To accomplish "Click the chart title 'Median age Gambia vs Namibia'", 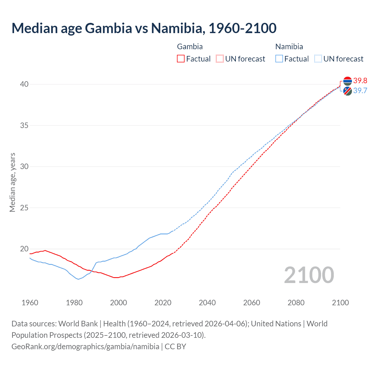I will [144, 28].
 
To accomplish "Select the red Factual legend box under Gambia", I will [181, 59].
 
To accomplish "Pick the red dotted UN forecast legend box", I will [220, 59].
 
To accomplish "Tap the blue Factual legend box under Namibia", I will [279, 59].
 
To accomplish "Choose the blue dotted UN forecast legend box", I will [318, 59].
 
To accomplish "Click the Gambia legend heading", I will [190, 47].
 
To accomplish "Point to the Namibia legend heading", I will [289, 47].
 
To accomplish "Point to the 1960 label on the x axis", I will [30, 303].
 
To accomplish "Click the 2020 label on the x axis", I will [163, 303].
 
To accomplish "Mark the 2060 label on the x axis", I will [252, 303].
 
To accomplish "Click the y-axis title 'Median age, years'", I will [12, 182].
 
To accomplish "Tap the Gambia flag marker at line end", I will [347, 81].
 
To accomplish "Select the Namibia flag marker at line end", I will [347, 91].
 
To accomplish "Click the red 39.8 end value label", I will [360, 81].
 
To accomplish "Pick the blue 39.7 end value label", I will [360, 91].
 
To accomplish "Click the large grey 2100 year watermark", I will [309, 275].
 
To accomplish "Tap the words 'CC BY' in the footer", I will [175, 347].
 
